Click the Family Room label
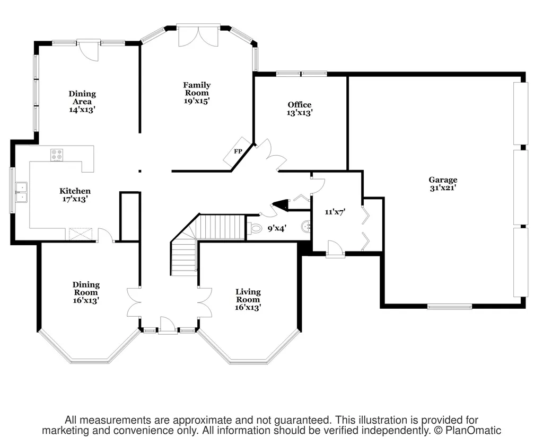(197, 93)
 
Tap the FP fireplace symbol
(237, 151)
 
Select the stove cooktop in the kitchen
(57, 155)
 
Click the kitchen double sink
(21, 192)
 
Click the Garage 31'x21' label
(443, 184)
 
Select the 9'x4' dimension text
(277, 228)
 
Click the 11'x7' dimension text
(335, 212)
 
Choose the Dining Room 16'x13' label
(86, 292)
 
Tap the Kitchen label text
(75, 191)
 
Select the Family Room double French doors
(198, 35)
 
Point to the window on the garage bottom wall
(450, 306)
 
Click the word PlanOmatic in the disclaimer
(473, 431)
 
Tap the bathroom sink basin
(306, 227)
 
